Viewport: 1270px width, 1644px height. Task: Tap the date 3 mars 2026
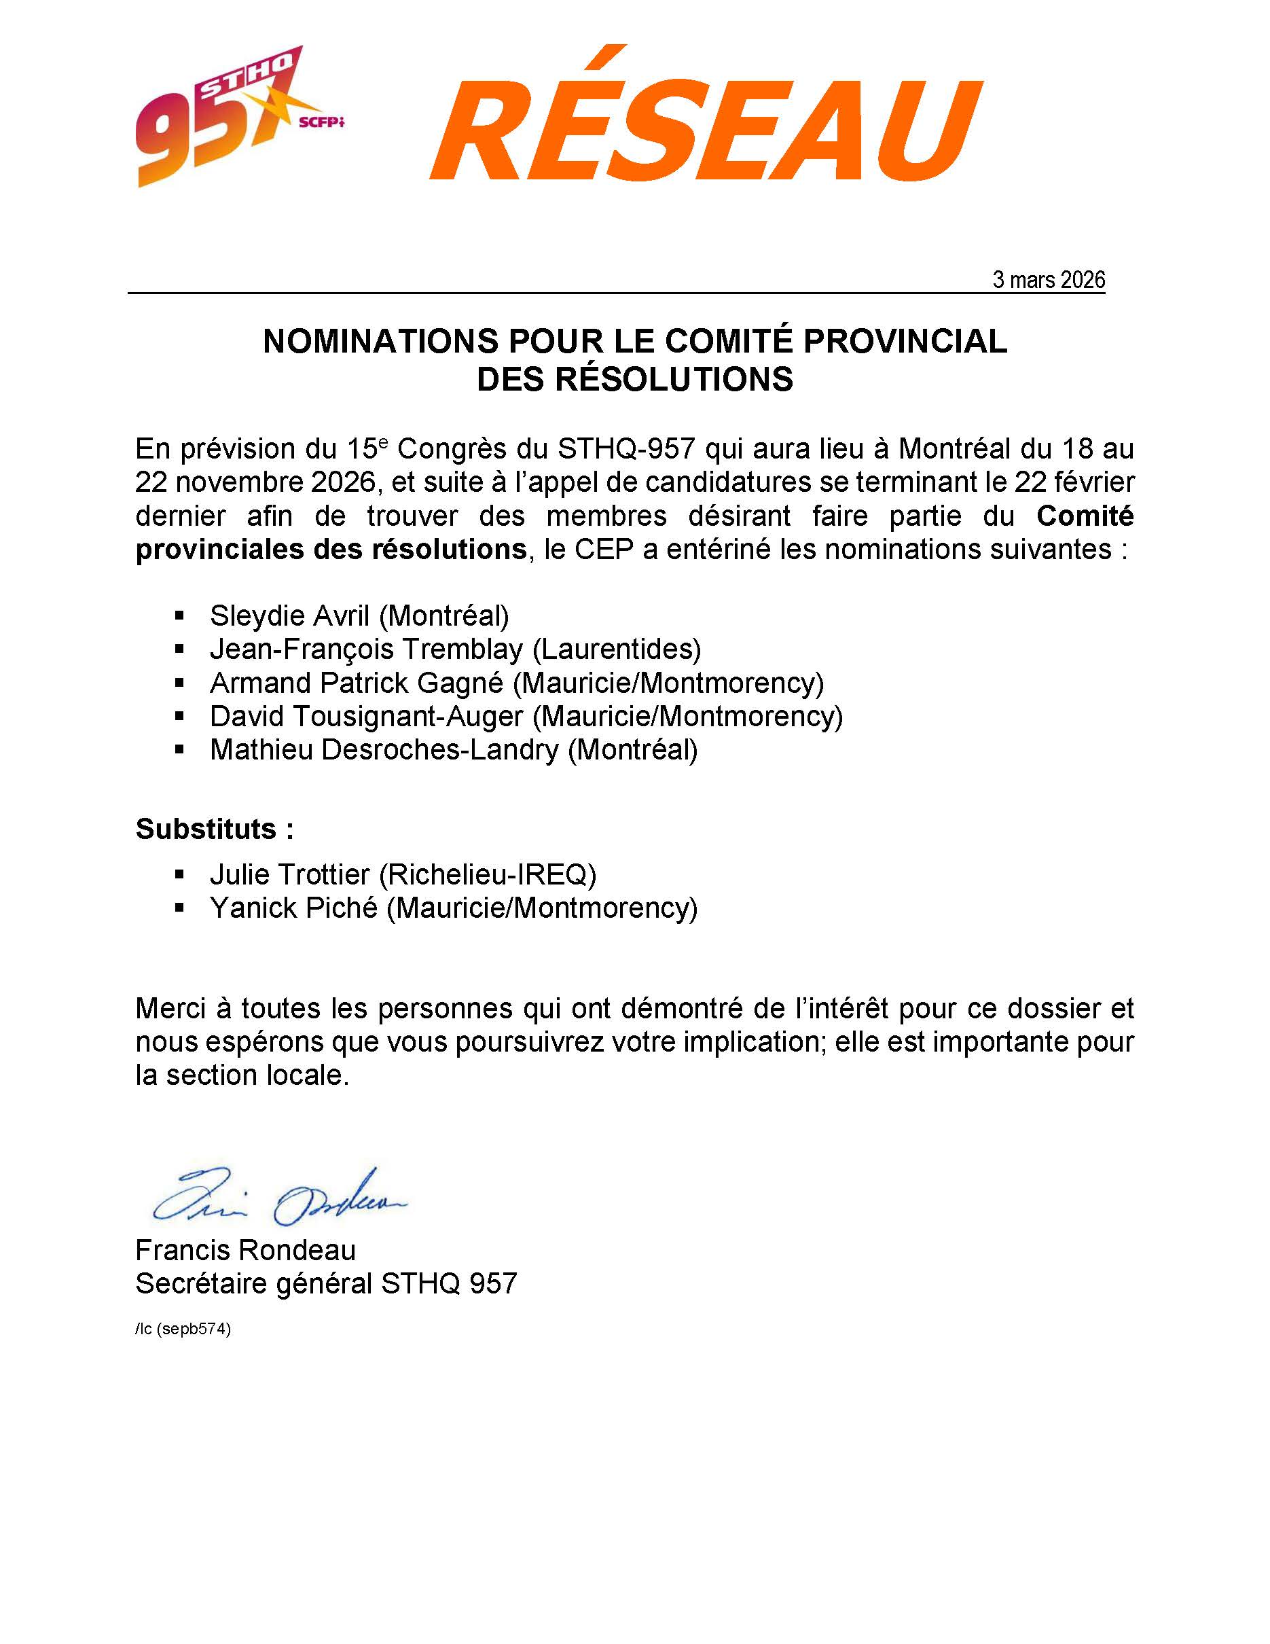tap(1048, 280)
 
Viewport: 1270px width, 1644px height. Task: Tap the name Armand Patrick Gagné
tap(356, 683)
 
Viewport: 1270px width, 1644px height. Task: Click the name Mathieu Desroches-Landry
tap(384, 750)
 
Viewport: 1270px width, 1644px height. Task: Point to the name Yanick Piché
tap(293, 908)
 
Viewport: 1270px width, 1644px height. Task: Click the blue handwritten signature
tap(278, 1199)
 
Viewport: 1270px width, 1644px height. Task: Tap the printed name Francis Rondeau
tap(245, 1250)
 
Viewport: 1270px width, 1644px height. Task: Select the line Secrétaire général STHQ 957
tap(326, 1283)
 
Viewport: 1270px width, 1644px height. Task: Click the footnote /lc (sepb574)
tap(183, 1329)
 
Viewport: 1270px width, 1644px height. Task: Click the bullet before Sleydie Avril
tap(179, 615)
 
